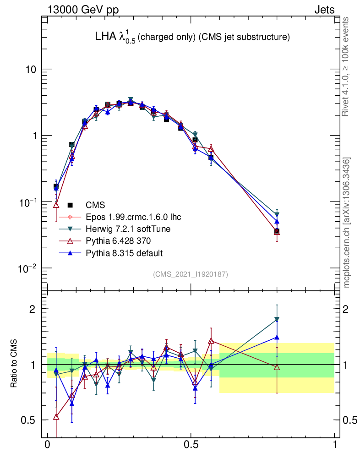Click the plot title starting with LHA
[191, 38]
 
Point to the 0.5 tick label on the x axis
[191, 445]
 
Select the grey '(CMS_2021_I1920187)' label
[191, 274]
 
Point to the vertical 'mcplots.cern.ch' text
[346, 223]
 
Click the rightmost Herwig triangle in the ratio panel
[277, 319]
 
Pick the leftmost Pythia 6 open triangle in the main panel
[56, 205]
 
